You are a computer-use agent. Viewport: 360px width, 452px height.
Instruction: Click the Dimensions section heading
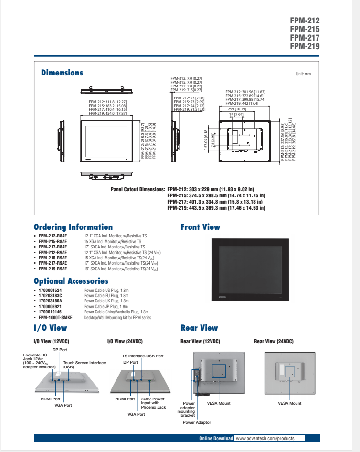(62, 73)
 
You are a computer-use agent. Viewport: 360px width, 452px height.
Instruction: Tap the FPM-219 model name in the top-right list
(305, 46)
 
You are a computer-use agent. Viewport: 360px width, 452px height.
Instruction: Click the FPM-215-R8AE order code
(53, 242)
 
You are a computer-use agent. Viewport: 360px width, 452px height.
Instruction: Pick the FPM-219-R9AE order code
(53, 269)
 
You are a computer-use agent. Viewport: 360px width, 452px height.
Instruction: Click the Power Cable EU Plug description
(106, 296)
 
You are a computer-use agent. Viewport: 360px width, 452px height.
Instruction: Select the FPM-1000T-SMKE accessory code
(55, 317)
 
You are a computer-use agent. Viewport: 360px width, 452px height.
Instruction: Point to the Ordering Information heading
(73, 227)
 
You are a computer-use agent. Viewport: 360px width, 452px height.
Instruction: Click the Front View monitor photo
(250, 269)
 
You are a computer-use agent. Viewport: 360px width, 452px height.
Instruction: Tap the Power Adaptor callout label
(197, 422)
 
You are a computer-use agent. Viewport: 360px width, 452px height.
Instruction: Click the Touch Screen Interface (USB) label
(84, 365)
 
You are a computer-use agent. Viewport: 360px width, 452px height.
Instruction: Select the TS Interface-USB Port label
(143, 356)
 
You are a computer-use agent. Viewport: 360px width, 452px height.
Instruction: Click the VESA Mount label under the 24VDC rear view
(289, 403)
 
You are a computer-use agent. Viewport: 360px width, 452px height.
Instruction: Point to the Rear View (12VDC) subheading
(200, 341)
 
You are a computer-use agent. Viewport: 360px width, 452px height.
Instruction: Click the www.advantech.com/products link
(265, 438)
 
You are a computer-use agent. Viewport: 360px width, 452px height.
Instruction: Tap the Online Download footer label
(216, 438)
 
